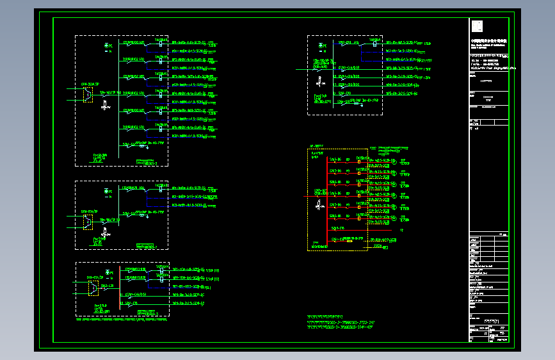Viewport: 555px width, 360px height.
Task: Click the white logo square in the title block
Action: tap(477, 26)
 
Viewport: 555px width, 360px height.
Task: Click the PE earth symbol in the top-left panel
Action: tap(107, 46)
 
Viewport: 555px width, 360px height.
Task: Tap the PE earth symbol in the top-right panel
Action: tap(322, 45)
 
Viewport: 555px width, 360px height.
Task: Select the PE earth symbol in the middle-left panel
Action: tap(107, 190)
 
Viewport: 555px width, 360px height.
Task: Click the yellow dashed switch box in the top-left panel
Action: tap(86, 95)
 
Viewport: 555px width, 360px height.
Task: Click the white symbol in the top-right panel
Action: tap(319, 81)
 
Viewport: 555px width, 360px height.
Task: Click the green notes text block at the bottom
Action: tap(339, 322)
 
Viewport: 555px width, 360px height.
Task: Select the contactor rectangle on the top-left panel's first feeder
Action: tap(160, 45)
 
